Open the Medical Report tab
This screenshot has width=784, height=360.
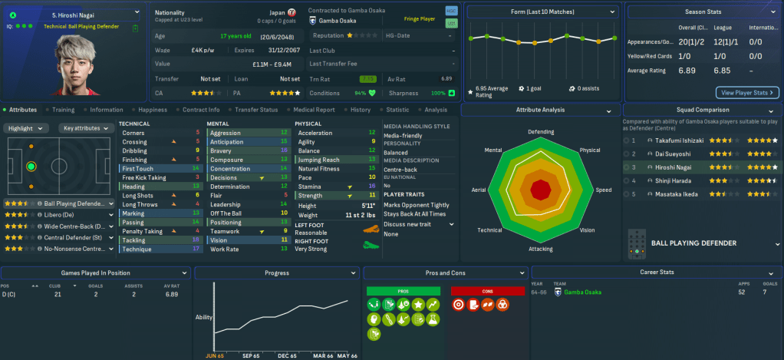pyautogui.click(x=315, y=110)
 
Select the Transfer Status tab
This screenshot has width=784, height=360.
pyautogui.click(x=256, y=110)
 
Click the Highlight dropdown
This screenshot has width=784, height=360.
pyautogui.click(x=27, y=128)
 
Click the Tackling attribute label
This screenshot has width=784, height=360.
pyautogui.click(x=135, y=240)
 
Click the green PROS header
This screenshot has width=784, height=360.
pyautogui.click(x=404, y=292)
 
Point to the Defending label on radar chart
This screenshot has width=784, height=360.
pyautogui.click(x=541, y=132)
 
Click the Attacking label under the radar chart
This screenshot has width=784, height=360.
pyautogui.click(x=541, y=249)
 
